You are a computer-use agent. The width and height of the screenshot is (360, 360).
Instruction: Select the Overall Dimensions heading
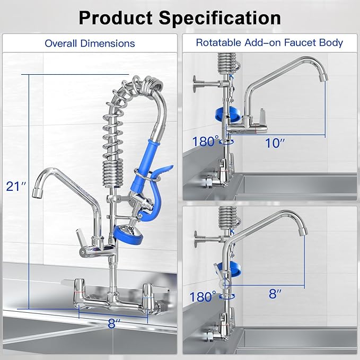[90, 43]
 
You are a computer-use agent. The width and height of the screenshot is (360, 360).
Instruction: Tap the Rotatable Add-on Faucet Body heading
[269, 42]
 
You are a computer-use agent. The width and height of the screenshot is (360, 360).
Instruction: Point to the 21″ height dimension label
[16, 186]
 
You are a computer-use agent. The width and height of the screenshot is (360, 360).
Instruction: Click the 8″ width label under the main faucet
[112, 323]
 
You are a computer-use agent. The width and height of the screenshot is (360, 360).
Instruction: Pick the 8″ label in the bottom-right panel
[274, 293]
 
